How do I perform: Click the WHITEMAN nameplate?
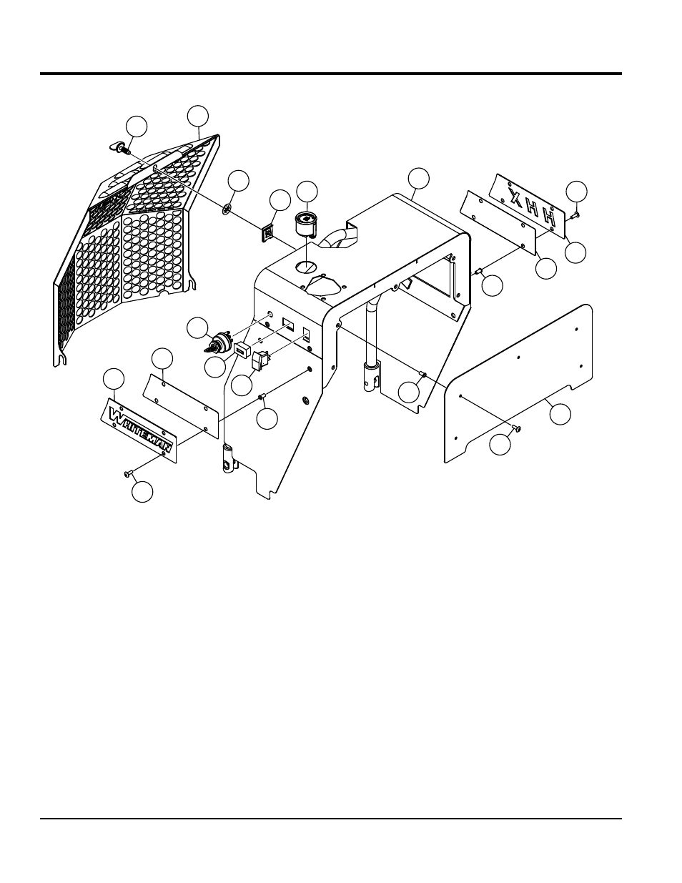pos(140,428)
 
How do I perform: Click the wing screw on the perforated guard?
pos(119,148)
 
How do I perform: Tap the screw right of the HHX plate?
pos(576,212)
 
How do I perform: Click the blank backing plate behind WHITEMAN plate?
pos(180,404)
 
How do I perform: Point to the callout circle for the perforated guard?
pos(198,115)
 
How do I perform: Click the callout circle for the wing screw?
pos(137,126)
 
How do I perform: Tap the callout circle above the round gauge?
pos(307,191)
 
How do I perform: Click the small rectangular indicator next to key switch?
pos(242,350)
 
